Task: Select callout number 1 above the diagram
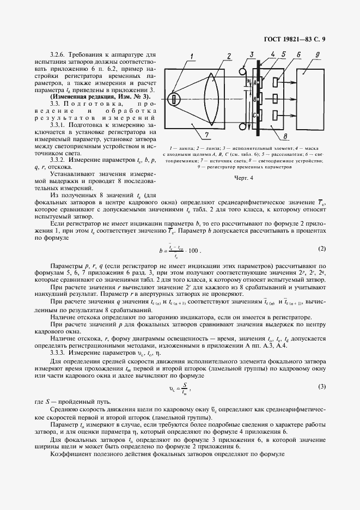192,56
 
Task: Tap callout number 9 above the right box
317,55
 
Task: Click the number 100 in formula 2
193,251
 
